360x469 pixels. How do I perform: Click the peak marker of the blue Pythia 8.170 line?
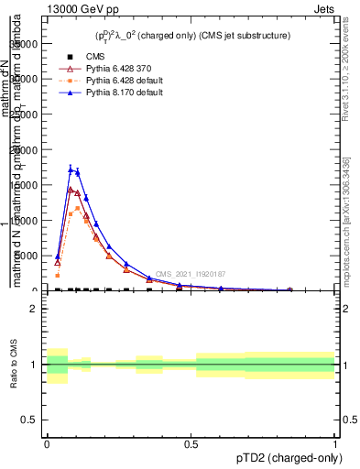click(71, 169)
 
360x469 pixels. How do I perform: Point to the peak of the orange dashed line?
click(77, 208)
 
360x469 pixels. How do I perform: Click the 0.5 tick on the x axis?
click(191, 444)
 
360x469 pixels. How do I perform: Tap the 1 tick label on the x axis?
click(334, 444)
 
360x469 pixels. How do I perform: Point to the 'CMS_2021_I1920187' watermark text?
click(190, 274)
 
